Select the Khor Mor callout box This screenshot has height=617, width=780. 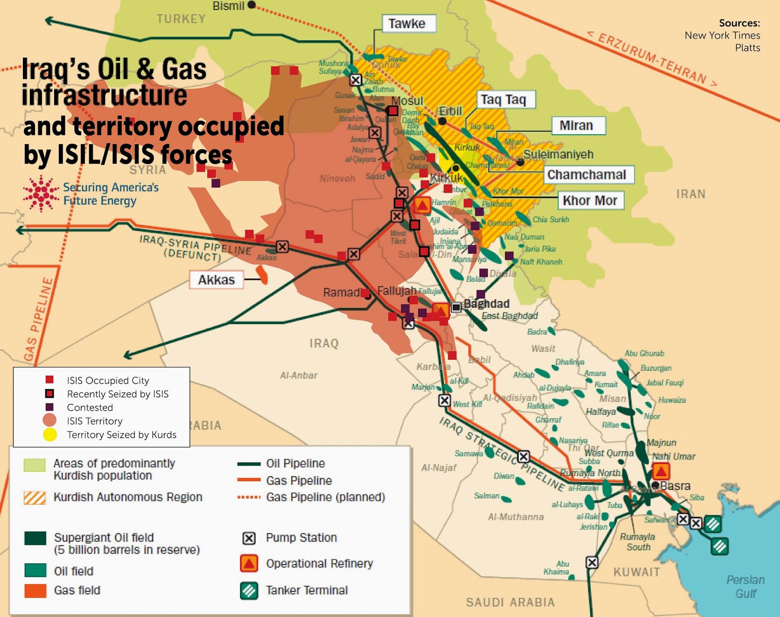tap(590, 200)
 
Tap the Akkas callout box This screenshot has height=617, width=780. tap(216, 280)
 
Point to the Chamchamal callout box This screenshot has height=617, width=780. tap(586, 174)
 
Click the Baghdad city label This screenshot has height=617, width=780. tap(487, 304)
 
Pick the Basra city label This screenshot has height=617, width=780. tap(675, 486)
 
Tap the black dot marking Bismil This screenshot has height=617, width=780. tap(252, 5)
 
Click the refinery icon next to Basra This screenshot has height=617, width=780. tap(661, 471)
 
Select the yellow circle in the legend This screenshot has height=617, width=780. tap(50, 435)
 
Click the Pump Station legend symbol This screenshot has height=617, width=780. tap(249, 538)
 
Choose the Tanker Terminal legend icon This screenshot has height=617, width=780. tap(249, 591)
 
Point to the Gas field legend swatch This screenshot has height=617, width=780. tap(35, 591)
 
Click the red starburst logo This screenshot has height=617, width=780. tap(41, 193)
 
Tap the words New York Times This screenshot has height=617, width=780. tap(722, 35)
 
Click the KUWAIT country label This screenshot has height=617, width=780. tap(636, 572)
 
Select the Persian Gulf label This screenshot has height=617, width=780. tap(745, 586)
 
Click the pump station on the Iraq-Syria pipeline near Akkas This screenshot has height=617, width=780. tap(282, 247)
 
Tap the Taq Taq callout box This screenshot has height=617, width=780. tap(504, 99)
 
